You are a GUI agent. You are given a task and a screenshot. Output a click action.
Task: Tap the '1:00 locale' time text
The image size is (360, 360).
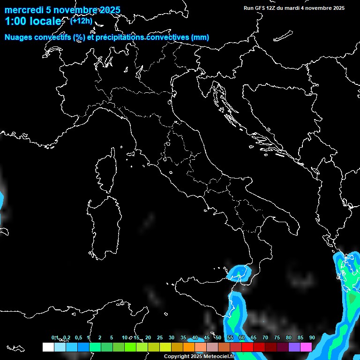tap(33, 21)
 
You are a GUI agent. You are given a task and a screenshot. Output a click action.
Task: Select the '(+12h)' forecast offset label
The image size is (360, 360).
tap(81, 21)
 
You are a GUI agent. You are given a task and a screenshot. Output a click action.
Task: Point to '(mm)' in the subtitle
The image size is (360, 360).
tap(200, 37)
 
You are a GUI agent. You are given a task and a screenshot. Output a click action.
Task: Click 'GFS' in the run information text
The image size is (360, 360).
tap(261, 8)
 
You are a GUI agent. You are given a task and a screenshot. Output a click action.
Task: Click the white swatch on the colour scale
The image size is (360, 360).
tap(48, 347)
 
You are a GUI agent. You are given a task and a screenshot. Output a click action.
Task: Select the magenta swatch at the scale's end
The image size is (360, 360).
tap(306, 347)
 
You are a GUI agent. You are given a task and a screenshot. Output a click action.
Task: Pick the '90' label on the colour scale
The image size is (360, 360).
tap(312, 337)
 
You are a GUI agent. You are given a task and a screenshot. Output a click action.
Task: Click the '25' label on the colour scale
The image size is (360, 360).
tap(159, 337)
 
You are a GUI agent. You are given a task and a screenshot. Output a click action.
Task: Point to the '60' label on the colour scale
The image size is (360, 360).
tap(241, 337)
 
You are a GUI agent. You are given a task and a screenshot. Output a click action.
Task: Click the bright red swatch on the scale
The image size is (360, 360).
tap(247, 347)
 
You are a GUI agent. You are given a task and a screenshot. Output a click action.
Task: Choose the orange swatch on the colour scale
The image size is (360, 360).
tap(188, 347)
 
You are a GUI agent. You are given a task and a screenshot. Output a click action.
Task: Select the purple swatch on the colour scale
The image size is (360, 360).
tap(294, 347)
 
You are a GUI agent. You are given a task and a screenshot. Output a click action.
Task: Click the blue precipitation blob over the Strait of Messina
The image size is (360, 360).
tap(240, 272)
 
